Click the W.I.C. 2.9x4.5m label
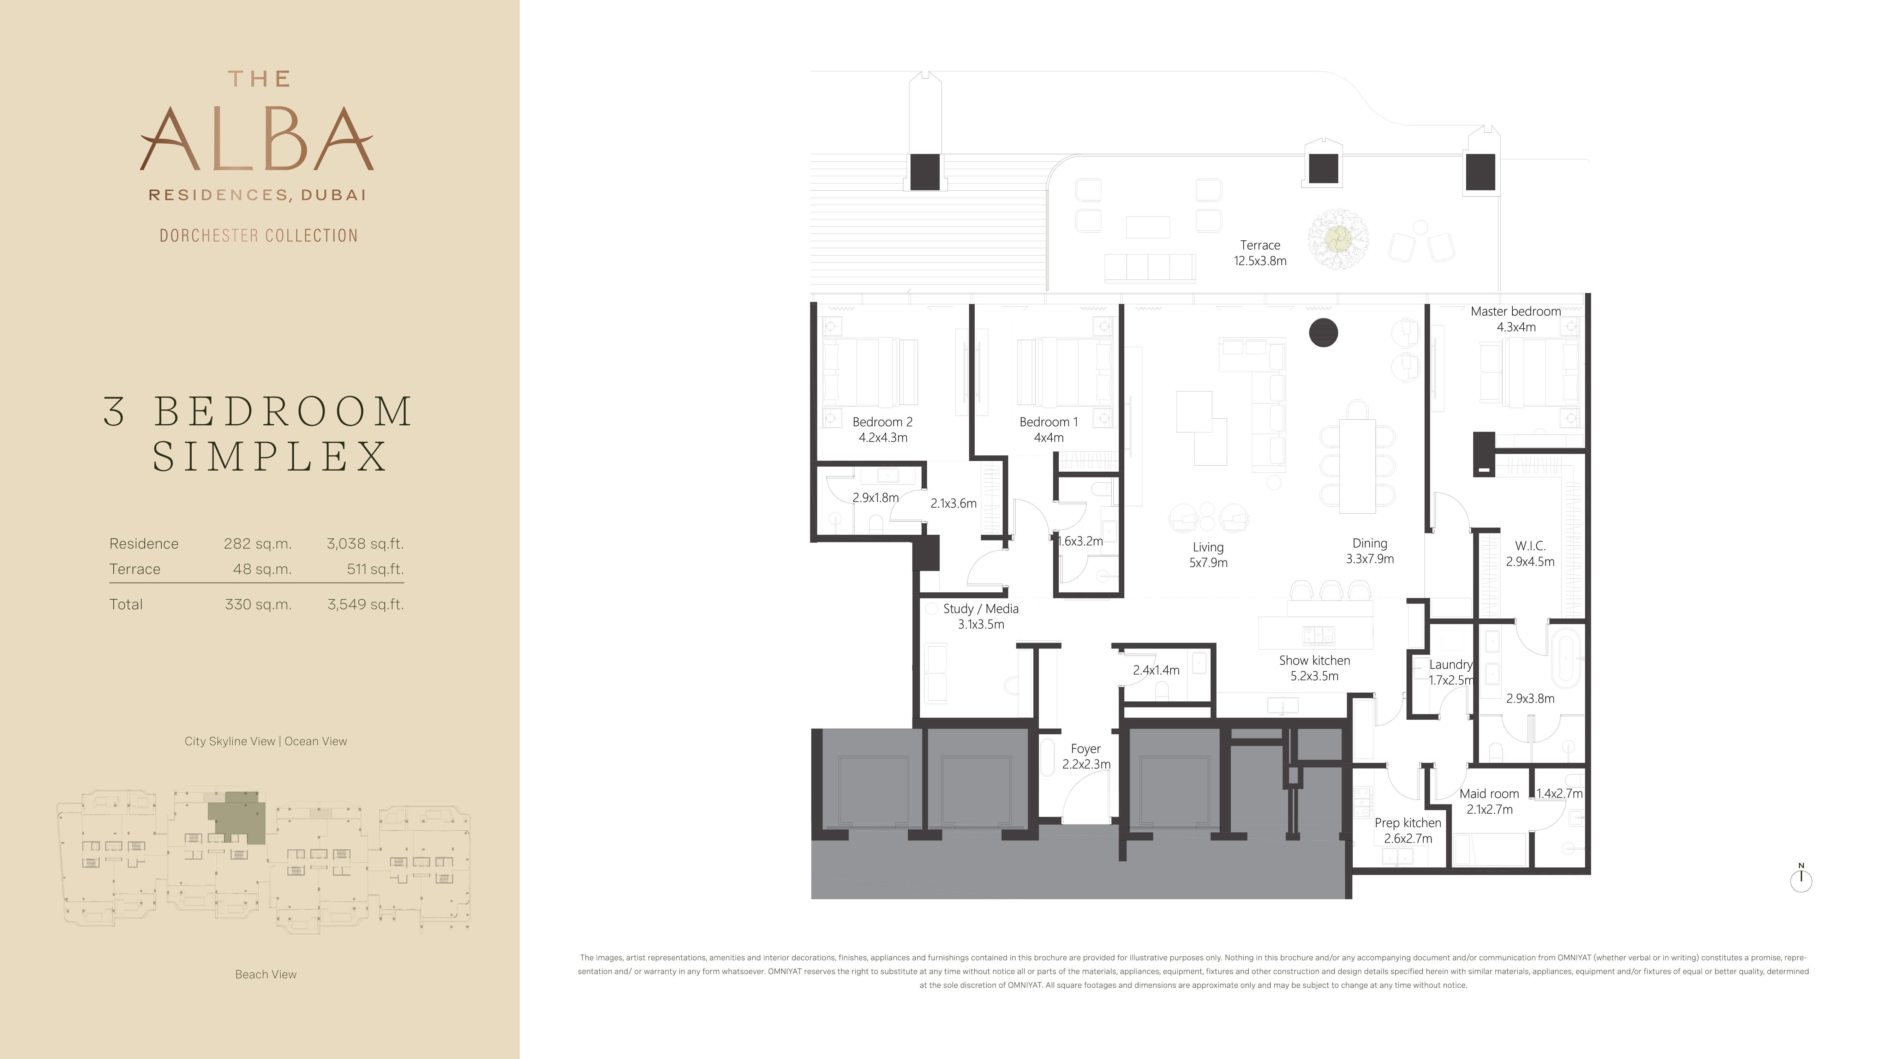pyautogui.click(x=1530, y=553)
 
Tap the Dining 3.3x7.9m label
pyautogui.click(x=1370, y=550)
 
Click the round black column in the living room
pyautogui.click(x=1323, y=333)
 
